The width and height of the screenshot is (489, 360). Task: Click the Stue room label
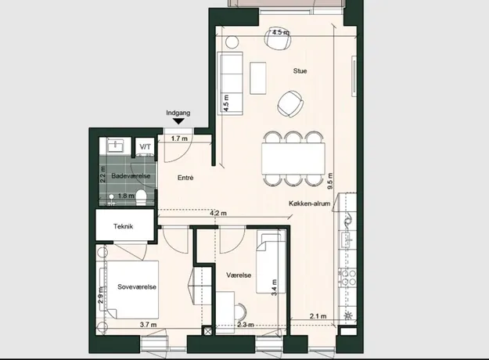(300, 71)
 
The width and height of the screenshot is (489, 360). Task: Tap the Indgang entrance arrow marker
(178, 121)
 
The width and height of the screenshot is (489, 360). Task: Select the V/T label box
(145, 146)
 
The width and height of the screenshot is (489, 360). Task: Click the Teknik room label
(123, 226)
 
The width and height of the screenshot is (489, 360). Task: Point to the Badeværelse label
(131, 176)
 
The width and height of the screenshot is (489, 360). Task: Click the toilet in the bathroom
(142, 198)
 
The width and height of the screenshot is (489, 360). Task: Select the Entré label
(185, 178)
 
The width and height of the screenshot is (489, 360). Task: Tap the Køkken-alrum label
(309, 203)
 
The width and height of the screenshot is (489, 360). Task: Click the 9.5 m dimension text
(330, 182)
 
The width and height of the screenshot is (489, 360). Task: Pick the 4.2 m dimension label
(218, 214)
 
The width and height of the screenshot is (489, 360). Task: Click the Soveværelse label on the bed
(137, 287)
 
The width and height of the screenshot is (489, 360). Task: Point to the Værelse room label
(239, 275)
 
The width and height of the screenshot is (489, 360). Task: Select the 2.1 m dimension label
(318, 316)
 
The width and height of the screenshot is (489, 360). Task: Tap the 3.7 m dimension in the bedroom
(149, 325)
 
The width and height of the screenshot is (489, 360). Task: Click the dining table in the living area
(293, 158)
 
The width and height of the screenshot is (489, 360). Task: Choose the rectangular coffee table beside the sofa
(258, 77)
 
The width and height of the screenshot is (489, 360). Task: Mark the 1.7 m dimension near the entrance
(179, 139)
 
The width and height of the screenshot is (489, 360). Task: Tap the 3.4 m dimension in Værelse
(274, 288)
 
